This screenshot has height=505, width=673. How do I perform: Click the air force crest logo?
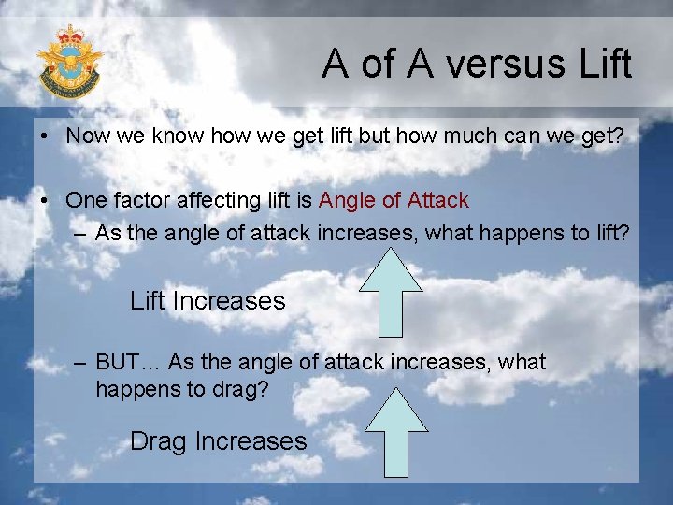[69, 62]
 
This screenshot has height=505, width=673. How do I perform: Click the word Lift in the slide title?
[605, 65]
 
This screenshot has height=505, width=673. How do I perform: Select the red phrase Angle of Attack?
[394, 200]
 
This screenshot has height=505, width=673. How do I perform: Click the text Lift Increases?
[208, 301]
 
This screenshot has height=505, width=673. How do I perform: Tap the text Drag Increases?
[218, 441]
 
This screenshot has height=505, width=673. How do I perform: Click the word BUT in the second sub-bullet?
[117, 362]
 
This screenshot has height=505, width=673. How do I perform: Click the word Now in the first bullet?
[87, 135]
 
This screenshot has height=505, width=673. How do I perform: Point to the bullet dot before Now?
[45, 136]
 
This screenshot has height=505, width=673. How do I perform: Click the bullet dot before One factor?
[45, 201]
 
